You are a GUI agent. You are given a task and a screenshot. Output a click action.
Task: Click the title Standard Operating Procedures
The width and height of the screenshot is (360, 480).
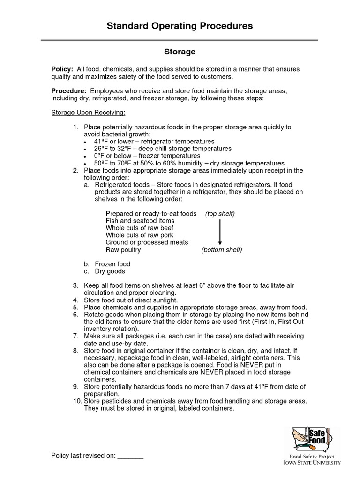click(x=180, y=26)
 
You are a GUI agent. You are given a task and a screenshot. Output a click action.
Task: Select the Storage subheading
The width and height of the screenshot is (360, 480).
click(x=180, y=52)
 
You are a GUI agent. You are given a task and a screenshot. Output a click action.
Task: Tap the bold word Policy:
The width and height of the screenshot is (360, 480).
click(x=62, y=69)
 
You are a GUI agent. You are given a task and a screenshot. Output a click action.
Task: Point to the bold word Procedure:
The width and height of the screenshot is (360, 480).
click(x=68, y=90)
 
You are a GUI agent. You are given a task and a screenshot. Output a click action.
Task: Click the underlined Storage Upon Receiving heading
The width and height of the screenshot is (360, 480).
click(x=88, y=113)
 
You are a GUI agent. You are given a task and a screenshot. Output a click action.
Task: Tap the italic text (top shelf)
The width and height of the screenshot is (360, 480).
click(x=220, y=214)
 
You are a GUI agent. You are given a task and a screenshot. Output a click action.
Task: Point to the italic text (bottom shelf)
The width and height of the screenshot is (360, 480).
click(x=222, y=250)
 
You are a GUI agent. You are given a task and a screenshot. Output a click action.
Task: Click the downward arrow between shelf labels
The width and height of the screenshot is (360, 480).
click(x=220, y=232)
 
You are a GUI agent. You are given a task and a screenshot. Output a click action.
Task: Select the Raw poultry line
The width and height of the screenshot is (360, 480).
click(x=123, y=250)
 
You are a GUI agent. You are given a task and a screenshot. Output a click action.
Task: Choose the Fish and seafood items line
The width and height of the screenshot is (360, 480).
click(x=140, y=221)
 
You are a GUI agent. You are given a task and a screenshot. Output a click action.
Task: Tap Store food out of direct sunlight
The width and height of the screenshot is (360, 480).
click(x=130, y=300)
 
